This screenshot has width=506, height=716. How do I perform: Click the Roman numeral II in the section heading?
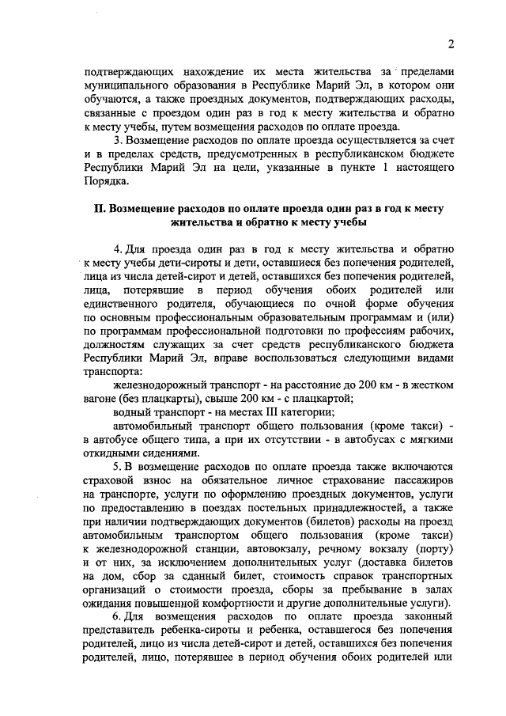(99, 208)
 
